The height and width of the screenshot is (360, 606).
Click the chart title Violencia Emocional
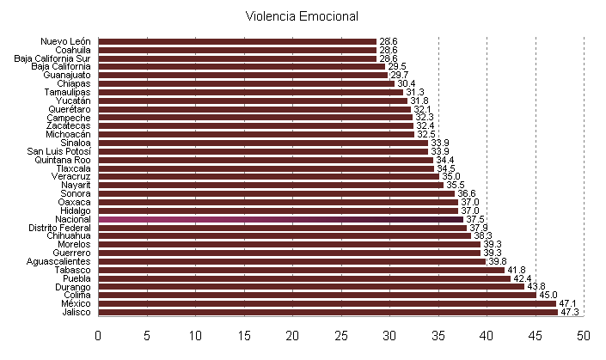302,16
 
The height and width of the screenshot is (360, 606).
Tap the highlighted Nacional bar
280,219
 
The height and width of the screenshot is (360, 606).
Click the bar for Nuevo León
237,41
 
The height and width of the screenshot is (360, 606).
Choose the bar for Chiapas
246,83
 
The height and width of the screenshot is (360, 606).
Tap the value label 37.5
474,219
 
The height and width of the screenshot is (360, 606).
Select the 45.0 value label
548,295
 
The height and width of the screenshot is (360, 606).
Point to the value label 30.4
407,83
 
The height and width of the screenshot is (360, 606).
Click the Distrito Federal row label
61,228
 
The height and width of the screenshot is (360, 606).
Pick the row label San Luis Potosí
58,151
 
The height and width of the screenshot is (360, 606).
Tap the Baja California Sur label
52,58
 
